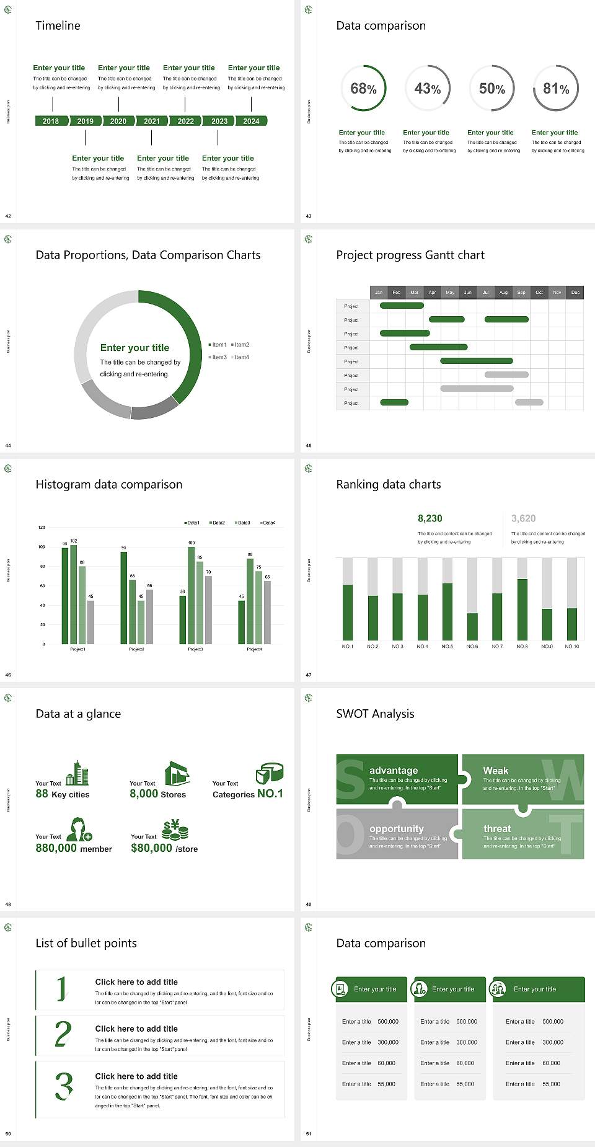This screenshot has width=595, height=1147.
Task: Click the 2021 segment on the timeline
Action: pyautogui.click(x=152, y=121)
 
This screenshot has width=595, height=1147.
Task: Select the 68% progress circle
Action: pyautogui.click(x=364, y=89)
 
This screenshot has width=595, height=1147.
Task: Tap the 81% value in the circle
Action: pyautogui.click(x=556, y=89)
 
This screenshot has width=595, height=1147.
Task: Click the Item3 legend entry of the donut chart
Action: pyautogui.click(x=218, y=357)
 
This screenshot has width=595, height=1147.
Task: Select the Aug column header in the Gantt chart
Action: pyautogui.click(x=503, y=292)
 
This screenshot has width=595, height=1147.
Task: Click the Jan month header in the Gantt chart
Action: pyautogui.click(x=379, y=292)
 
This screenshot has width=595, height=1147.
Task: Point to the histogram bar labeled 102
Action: pyautogui.click(x=74, y=592)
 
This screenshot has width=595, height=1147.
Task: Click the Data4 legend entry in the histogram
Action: pyautogui.click(x=267, y=523)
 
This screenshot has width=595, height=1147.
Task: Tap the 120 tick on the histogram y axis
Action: pyautogui.click(x=42, y=527)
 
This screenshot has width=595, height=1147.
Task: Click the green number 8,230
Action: pyautogui.click(x=430, y=518)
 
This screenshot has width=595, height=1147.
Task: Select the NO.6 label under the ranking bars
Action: pyautogui.click(x=472, y=646)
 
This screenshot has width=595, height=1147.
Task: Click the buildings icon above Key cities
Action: pyautogui.click(x=77, y=773)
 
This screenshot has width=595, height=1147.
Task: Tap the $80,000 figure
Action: pyautogui.click(x=151, y=848)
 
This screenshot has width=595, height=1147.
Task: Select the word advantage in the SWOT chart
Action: pyautogui.click(x=394, y=770)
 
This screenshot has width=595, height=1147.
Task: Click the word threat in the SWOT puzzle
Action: pyautogui.click(x=497, y=828)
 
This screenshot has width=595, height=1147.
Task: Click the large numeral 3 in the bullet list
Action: pyautogui.click(x=64, y=1086)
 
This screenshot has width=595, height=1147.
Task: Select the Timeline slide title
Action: pyautogui.click(x=58, y=25)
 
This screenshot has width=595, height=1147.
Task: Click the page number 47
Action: pyautogui.click(x=309, y=675)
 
